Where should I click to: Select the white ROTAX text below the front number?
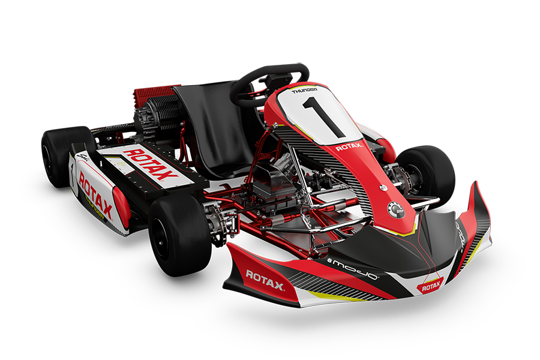click(x=349, y=147)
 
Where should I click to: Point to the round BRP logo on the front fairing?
click(x=396, y=210)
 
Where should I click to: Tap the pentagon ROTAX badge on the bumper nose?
click(x=431, y=287)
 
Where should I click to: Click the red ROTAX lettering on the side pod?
click(x=96, y=193)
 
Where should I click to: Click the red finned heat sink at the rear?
click(x=151, y=93)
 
